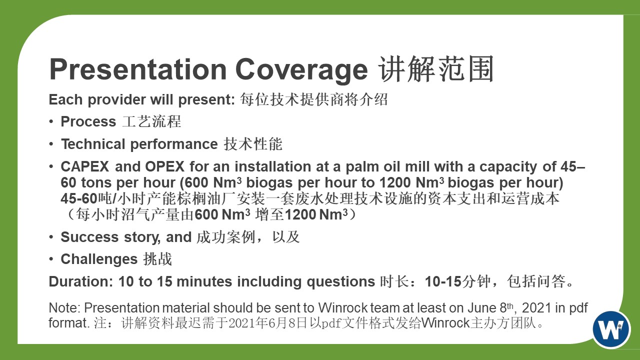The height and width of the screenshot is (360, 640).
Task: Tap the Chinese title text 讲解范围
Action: pos(436,69)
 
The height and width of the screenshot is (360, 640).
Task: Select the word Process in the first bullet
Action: pos(88,121)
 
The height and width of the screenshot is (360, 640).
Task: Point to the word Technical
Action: pos(93,143)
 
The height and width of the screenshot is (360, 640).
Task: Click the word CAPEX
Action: pos(85,166)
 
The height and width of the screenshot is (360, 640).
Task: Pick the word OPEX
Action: pos(165,166)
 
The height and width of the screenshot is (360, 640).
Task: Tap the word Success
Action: pos(89,237)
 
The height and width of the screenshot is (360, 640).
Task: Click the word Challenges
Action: pos(99,259)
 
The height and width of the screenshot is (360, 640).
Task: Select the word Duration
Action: pos(81,281)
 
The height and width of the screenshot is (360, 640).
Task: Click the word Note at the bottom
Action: pos(64,308)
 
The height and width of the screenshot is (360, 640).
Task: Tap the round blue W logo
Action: pos(611,329)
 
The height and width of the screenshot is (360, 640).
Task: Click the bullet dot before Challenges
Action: pos(51,259)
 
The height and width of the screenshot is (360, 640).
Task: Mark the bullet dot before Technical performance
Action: pos(51,143)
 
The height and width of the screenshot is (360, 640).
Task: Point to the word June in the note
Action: pos(482,308)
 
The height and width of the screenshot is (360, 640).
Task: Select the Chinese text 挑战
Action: pos(157,259)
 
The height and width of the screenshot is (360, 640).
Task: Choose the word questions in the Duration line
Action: pos(341,282)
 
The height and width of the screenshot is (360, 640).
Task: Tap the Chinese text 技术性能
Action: pos(253,143)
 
